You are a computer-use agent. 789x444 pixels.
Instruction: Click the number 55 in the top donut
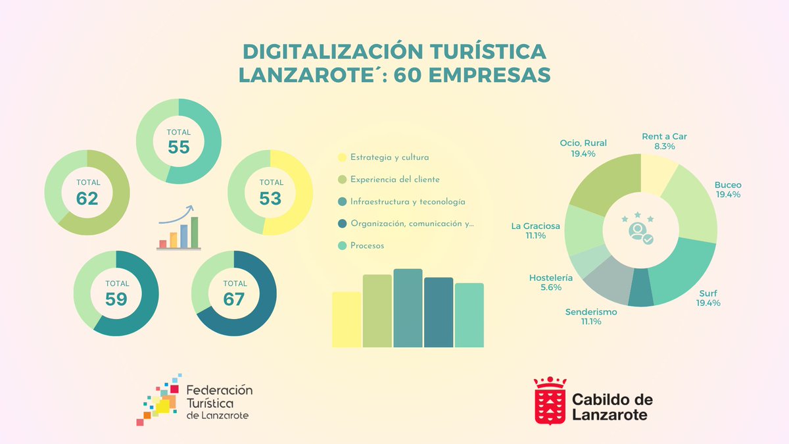(x=178, y=147)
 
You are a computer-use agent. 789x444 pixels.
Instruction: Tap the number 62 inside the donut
(x=87, y=197)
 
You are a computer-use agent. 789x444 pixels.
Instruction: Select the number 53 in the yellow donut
(x=270, y=197)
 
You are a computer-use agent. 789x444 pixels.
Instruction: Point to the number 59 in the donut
(x=116, y=299)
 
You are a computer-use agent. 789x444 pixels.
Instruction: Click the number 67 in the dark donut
(x=233, y=299)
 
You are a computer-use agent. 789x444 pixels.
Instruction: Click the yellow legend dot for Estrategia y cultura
(x=342, y=158)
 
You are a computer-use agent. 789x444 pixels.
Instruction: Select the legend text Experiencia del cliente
(x=394, y=180)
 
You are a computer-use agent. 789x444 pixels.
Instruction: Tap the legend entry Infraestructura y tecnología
(x=408, y=202)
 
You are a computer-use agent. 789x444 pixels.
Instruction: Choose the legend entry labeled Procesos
(x=367, y=245)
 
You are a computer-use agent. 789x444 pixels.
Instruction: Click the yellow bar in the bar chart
(x=347, y=320)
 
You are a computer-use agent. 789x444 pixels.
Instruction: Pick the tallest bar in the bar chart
(x=408, y=308)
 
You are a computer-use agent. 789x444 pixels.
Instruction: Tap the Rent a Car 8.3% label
(x=664, y=141)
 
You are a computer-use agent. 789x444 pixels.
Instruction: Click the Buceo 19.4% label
(x=728, y=189)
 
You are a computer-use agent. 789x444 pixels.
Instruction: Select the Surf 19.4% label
(x=708, y=298)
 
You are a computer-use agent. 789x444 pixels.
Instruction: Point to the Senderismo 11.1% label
(x=591, y=316)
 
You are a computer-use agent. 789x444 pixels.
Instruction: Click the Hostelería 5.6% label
(x=550, y=283)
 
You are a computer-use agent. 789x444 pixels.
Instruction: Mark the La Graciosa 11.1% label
(x=536, y=230)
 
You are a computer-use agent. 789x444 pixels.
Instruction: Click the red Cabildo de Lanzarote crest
(x=550, y=401)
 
